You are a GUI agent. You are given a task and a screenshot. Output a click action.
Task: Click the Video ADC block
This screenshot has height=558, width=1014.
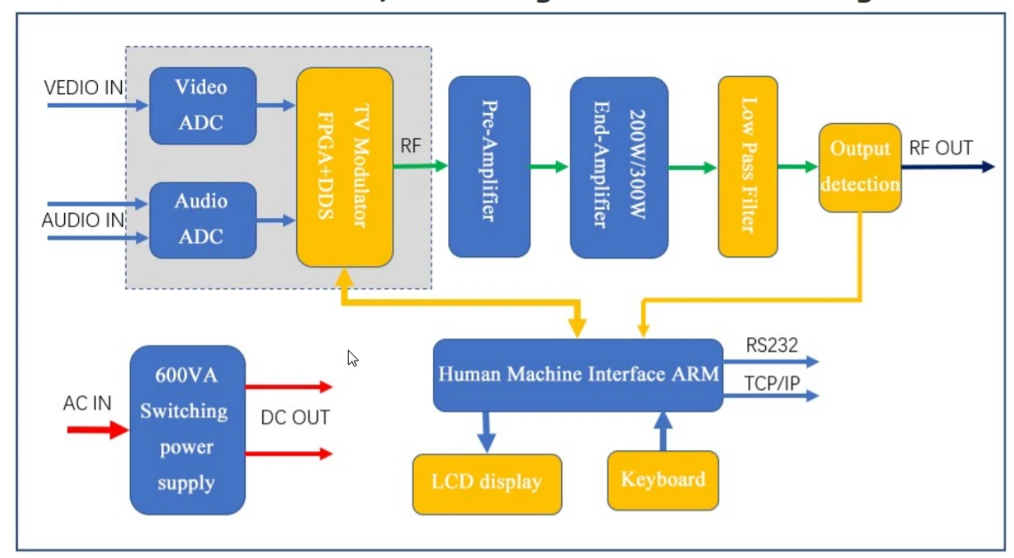point(202,105)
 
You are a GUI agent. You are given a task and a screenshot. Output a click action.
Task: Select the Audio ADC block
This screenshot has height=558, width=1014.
point(202,220)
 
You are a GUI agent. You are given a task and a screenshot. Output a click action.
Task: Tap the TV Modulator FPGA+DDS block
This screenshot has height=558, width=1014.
point(345,166)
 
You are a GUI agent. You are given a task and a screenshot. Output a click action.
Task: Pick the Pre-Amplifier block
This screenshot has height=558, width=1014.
point(489,166)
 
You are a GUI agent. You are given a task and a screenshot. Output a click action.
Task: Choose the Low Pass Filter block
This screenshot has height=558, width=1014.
point(747,166)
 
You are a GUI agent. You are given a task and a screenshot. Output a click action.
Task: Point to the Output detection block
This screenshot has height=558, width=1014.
point(859,167)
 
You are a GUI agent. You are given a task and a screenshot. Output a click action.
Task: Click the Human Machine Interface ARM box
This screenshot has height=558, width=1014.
point(577,375)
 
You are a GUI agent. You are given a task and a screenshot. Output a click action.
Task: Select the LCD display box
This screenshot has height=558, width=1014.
point(487,483)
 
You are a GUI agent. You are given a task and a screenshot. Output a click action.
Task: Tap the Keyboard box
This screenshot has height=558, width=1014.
point(663,481)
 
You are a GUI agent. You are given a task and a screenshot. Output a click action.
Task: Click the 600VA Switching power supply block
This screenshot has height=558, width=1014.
point(187,430)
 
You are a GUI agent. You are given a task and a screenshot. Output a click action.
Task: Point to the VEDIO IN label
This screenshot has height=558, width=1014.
point(84,87)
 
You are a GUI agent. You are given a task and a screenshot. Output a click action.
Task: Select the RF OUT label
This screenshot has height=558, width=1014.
point(940,148)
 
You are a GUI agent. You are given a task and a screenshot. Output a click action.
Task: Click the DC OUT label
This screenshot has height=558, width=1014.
point(295,417)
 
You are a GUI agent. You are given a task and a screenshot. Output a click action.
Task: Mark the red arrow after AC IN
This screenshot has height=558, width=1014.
point(98,431)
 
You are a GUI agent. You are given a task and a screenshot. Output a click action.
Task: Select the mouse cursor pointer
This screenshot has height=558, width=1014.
point(352,358)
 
